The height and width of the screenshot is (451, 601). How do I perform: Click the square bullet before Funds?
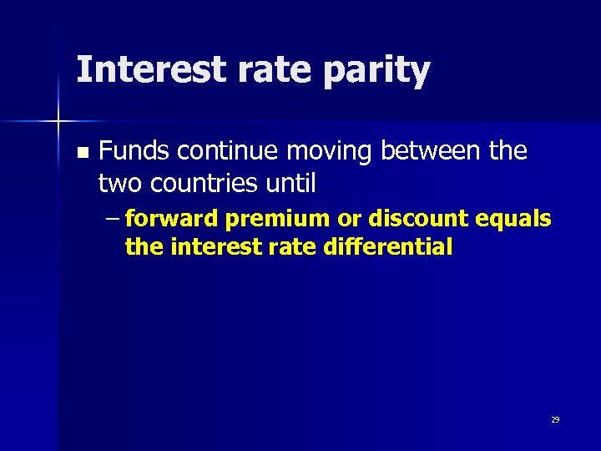pos(81,153)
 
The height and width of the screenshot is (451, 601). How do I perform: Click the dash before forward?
pos(113,220)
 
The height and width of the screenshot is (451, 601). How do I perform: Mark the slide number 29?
pos(554,419)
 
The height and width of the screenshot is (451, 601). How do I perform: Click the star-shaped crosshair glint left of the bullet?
pos(58,122)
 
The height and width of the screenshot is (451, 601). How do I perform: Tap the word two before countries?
pos(119,181)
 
